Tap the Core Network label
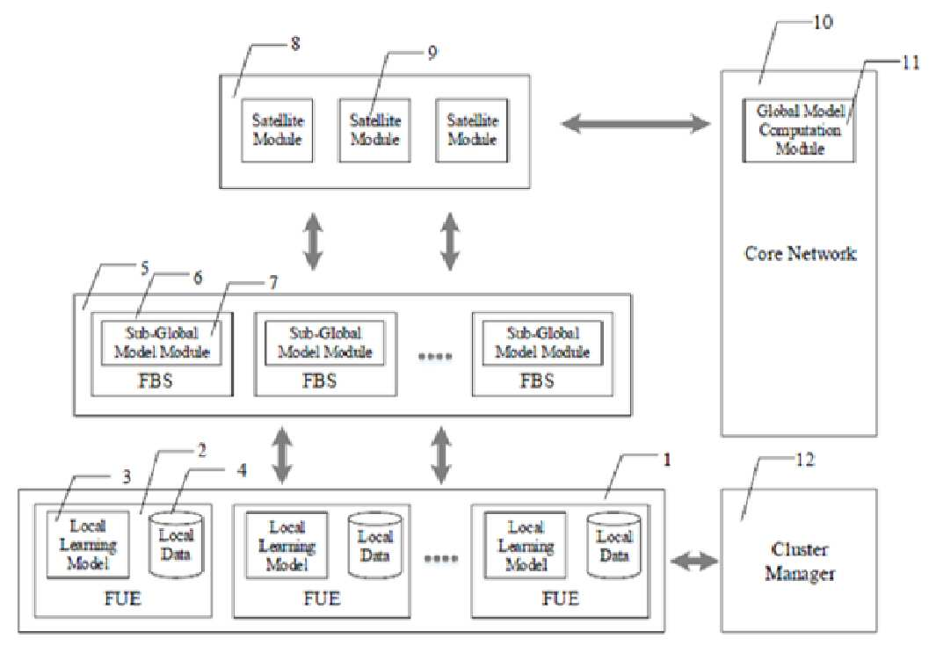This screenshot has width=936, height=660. pyautogui.click(x=800, y=254)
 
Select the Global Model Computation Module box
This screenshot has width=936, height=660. pyautogui.click(x=798, y=130)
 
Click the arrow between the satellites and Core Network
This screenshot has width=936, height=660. pyautogui.click(x=635, y=124)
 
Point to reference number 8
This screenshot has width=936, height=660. pyautogui.click(x=295, y=44)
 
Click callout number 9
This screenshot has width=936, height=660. pyautogui.click(x=432, y=53)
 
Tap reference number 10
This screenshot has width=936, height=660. pyautogui.click(x=823, y=23)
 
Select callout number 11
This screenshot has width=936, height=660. pyautogui.click(x=910, y=62)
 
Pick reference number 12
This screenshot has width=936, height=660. pyautogui.click(x=805, y=460)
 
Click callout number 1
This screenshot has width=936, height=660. pyautogui.click(x=667, y=460)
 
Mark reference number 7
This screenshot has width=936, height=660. pyautogui.click(x=272, y=283)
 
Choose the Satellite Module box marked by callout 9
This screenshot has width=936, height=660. pyautogui.click(x=374, y=130)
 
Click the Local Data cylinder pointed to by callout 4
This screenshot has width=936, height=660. pyautogui.click(x=176, y=544)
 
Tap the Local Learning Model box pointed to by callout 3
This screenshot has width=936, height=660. pyautogui.click(x=88, y=544)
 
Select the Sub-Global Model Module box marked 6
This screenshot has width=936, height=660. pyautogui.click(x=161, y=343)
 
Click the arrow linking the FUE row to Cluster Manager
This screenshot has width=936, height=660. pyautogui.click(x=695, y=562)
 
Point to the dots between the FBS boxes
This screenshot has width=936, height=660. pyautogui.click(x=434, y=356)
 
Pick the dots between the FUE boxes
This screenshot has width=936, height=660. pyautogui.click(x=441, y=559)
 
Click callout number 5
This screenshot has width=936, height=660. pyautogui.click(x=144, y=269)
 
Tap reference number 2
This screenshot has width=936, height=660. pyautogui.click(x=202, y=451)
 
